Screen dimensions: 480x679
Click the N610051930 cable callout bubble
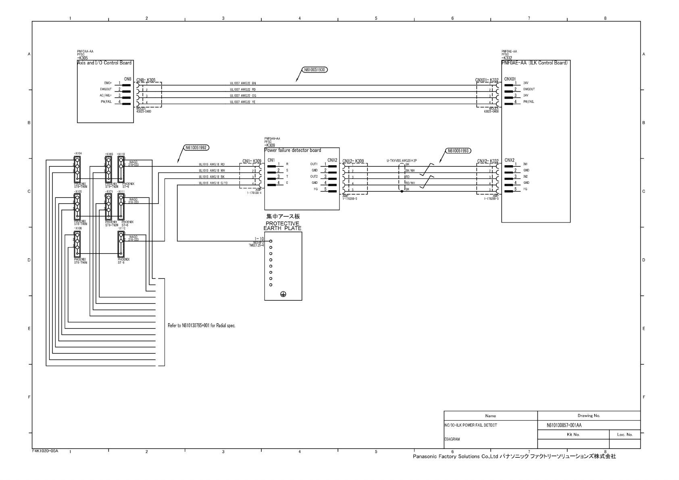[315, 70]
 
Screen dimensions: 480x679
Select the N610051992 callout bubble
[196, 148]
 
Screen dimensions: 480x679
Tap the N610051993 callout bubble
[458, 151]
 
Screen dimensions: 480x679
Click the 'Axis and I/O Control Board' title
[104, 63]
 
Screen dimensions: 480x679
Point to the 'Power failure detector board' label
[293, 150]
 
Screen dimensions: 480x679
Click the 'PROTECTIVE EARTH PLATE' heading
[282, 226]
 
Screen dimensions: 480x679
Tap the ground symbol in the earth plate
[283, 295]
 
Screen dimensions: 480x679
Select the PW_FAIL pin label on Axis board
[106, 102]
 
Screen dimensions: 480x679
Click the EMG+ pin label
[108, 83]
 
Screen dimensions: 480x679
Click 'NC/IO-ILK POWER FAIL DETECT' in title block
[471, 425]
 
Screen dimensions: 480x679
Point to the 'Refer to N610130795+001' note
[201, 325]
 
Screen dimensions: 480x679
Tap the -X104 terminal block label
[78, 154]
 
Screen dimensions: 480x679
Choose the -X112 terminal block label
[121, 229]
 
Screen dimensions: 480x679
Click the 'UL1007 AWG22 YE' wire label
[243, 102]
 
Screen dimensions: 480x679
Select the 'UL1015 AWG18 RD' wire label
[212, 164]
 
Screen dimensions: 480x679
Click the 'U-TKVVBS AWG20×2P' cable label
[402, 160]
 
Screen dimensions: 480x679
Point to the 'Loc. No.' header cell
[625, 434]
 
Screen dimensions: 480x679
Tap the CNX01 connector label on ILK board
[510, 79]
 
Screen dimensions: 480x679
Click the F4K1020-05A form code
[45, 451]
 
